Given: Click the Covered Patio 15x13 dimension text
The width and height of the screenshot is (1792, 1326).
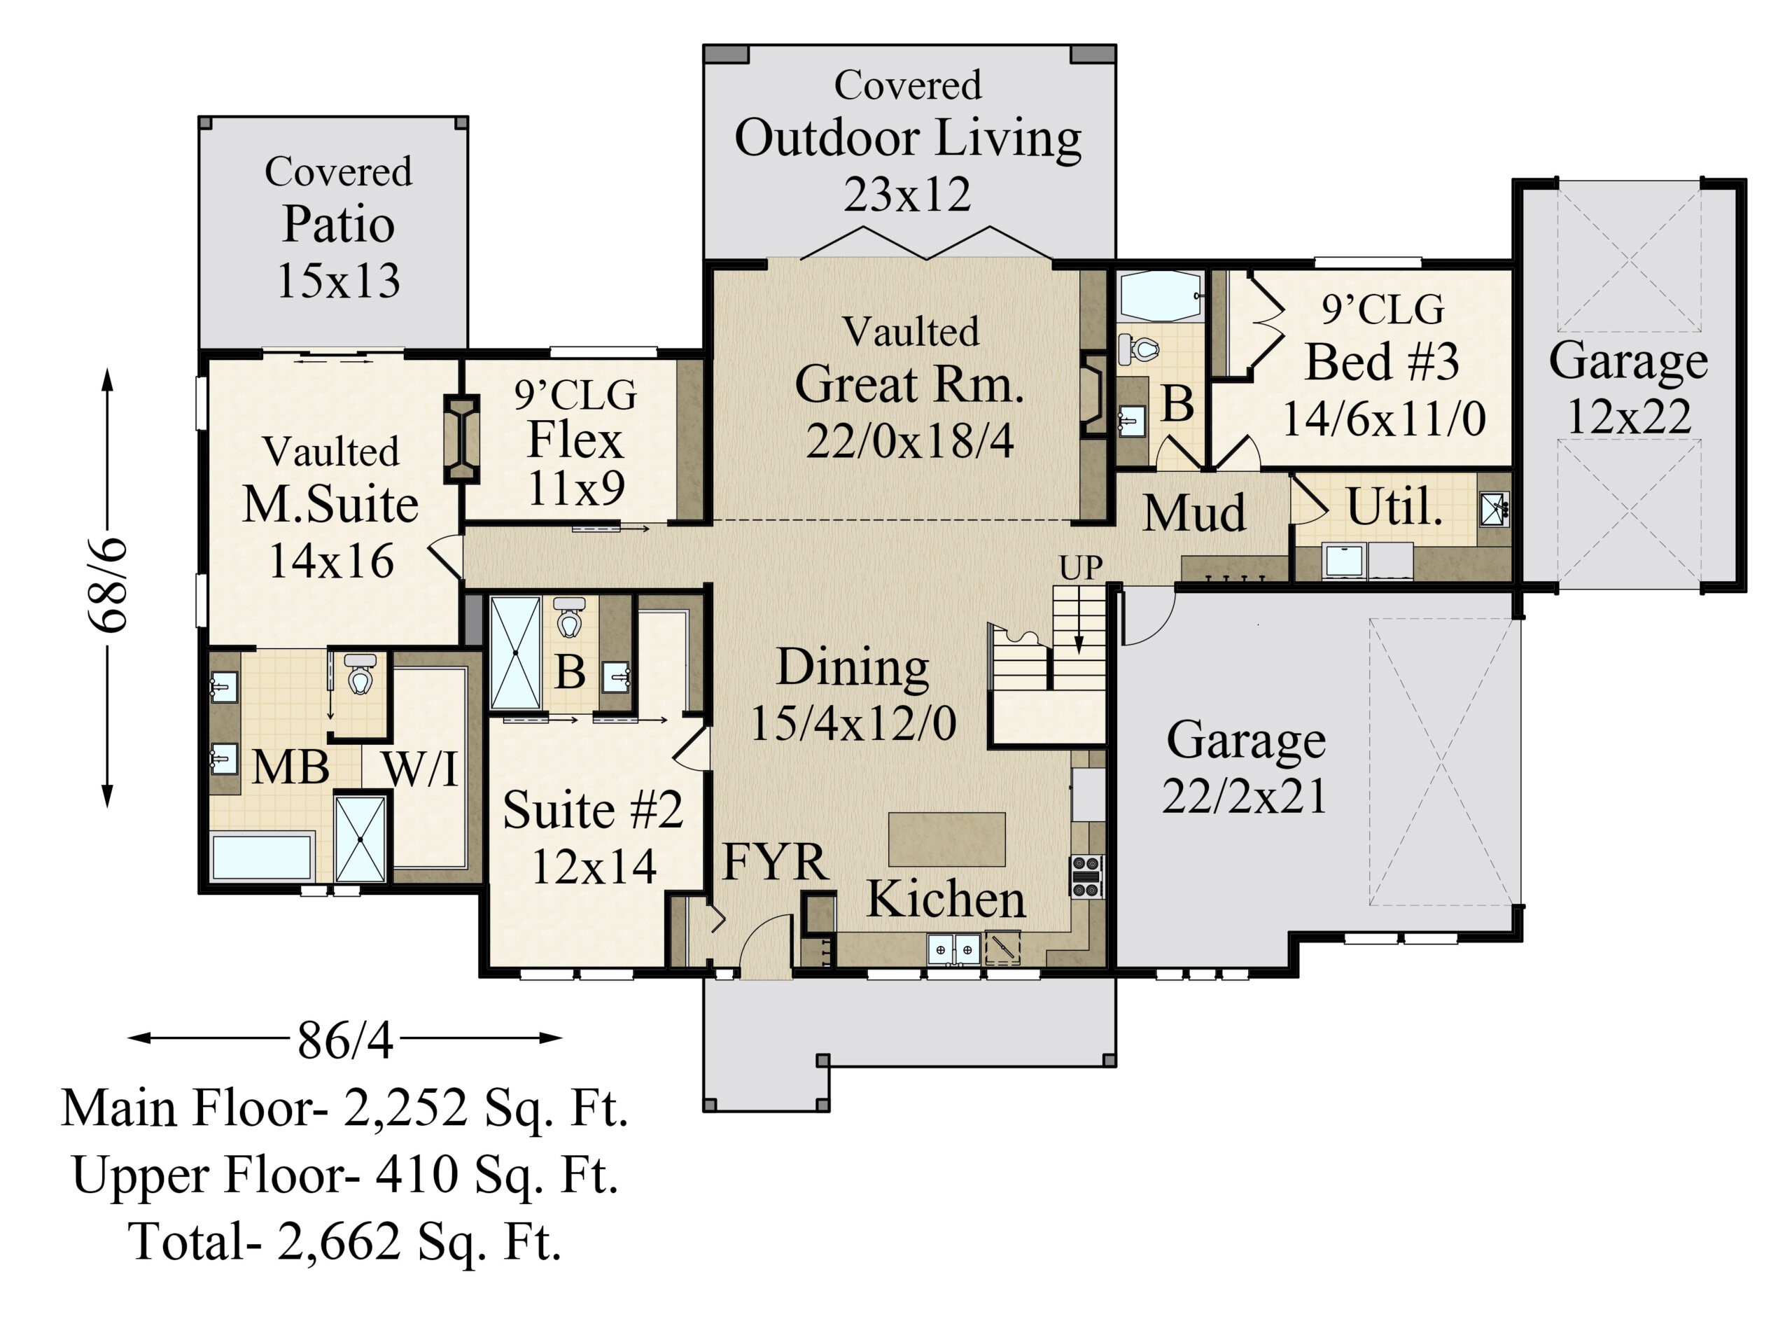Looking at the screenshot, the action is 339,281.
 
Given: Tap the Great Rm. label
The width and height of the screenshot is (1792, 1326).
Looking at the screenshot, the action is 909,384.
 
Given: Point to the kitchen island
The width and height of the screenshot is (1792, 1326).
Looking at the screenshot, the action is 947,839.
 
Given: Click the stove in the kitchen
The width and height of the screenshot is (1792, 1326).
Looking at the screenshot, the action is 1086,877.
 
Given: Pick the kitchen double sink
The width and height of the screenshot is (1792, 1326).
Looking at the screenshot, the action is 953,949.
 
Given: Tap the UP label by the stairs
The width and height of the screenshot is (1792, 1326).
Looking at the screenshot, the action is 1080,568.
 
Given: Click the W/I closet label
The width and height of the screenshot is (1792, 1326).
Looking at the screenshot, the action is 420,768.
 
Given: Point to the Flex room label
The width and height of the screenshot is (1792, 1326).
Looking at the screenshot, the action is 575,439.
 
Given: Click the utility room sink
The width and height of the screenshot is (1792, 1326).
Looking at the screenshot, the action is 1494,509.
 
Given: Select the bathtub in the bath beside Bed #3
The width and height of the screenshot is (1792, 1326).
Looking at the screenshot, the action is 1160,296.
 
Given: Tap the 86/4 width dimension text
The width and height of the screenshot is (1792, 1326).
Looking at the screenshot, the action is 345,1040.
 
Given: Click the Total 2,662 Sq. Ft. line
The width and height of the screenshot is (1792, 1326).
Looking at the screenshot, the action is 345,1242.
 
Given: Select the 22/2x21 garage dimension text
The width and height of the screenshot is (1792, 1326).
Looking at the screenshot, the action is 1245,796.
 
